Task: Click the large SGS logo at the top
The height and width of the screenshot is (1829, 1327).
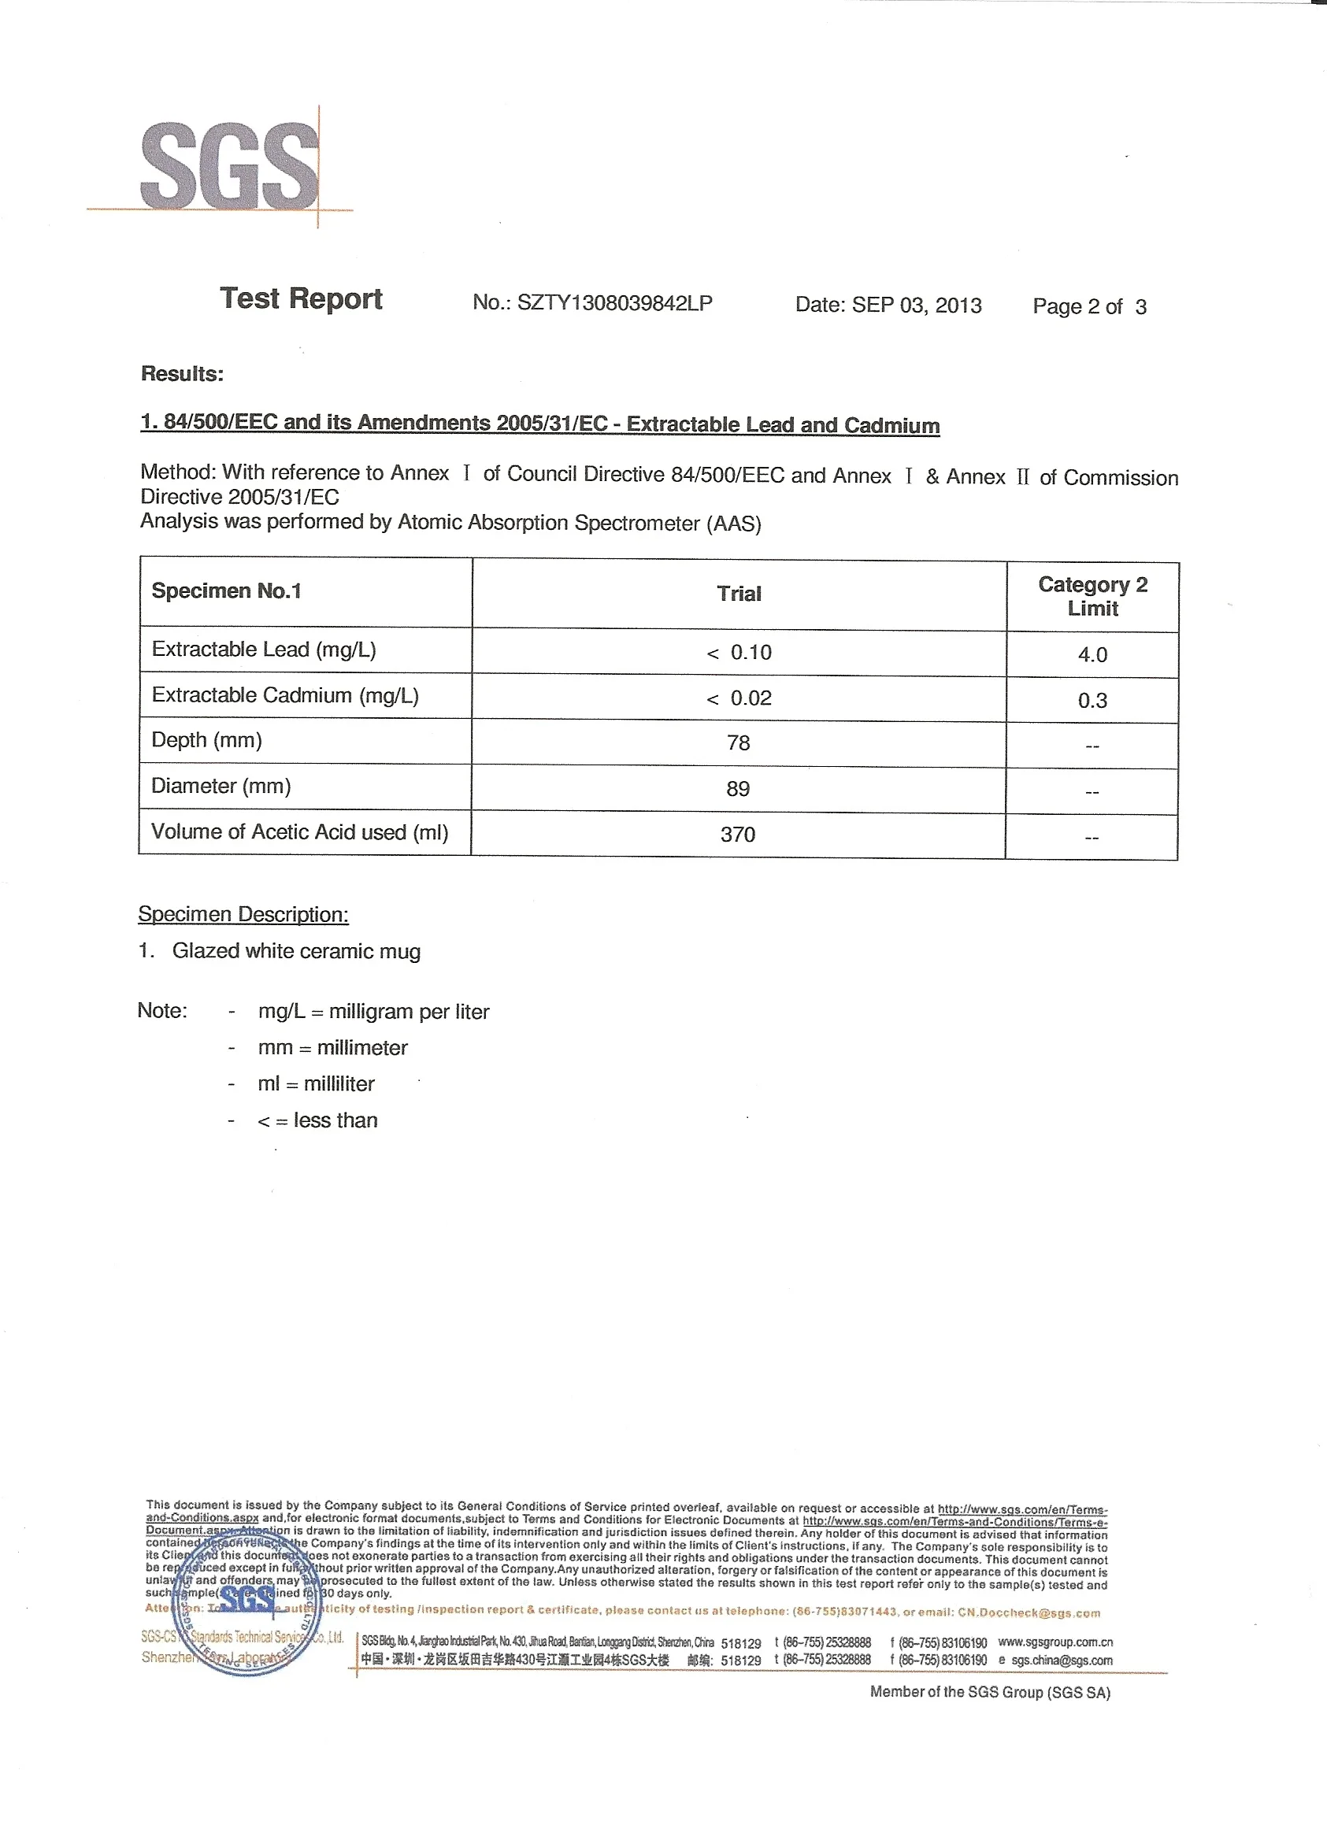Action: click(x=230, y=165)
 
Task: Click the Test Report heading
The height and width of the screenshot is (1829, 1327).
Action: click(x=301, y=298)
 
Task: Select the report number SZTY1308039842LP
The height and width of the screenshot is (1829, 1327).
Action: click(x=615, y=303)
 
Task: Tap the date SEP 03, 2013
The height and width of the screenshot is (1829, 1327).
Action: click(x=917, y=305)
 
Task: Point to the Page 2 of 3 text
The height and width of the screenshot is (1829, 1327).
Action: click(x=1089, y=307)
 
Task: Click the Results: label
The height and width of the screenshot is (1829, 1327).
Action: click(x=182, y=374)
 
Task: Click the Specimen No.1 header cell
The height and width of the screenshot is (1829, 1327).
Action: click(x=227, y=591)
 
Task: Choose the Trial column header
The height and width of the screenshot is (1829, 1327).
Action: click(x=739, y=594)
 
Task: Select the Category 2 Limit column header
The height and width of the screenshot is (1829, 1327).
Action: click(x=1092, y=597)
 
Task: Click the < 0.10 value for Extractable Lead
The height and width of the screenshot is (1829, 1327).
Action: click(x=739, y=653)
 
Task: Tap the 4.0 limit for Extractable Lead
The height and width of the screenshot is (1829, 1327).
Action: click(x=1092, y=655)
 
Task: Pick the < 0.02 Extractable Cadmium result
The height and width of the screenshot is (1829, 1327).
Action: click(x=739, y=698)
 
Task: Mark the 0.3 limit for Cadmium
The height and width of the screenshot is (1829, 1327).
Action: click(x=1092, y=701)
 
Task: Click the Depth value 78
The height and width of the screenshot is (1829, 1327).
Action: click(x=738, y=742)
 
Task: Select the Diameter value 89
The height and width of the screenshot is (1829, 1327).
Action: click(x=738, y=789)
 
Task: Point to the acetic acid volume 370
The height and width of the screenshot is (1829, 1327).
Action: click(x=738, y=835)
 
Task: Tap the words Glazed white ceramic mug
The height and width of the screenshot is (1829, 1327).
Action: click(x=296, y=952)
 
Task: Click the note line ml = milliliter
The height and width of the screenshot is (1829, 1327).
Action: click(x=317, y=1084)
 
